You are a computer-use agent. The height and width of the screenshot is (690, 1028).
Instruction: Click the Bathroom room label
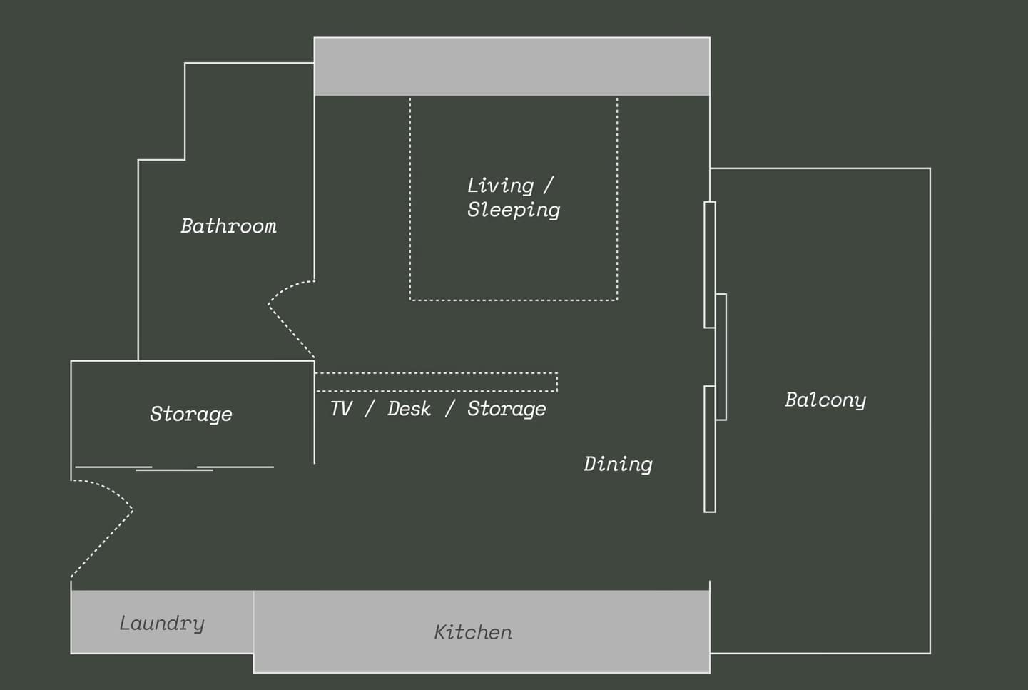228,226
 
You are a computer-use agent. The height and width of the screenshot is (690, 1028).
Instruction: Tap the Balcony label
825,400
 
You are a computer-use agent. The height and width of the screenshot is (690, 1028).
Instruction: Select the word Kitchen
473,632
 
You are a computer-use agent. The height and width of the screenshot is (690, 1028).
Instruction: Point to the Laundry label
162,623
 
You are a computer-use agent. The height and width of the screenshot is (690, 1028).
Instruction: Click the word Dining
618,464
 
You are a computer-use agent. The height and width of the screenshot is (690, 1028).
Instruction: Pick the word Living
500,186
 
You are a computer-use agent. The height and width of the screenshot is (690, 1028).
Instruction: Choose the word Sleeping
514,210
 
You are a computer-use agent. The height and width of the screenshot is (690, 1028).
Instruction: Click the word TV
341,409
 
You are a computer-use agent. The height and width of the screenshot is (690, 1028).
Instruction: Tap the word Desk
409,409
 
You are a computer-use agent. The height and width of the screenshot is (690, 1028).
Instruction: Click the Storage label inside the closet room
190,414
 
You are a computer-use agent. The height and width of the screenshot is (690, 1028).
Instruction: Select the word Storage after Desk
507,409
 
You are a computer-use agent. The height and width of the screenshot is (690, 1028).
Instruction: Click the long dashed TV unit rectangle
436,382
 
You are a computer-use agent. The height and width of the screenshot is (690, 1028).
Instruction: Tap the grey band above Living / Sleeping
512,66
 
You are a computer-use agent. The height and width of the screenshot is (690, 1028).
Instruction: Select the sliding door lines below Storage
174,468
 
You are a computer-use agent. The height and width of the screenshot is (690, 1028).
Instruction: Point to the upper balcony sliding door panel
709,265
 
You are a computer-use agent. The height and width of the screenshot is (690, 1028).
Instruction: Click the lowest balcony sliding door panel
709,449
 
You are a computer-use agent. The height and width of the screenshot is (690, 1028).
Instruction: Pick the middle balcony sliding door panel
721,357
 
